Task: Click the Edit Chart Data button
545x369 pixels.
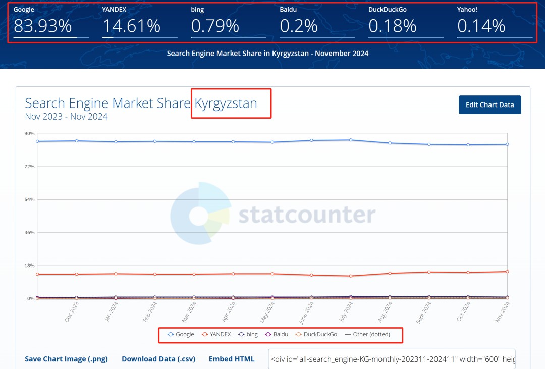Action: [x=489, y=104]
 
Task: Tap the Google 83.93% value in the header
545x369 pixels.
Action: [x=43, y=26]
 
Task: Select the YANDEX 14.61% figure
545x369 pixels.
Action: [x=131, y=26]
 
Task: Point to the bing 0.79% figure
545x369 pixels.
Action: [x=215, y=26]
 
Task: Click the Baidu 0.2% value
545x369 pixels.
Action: [x=299, y=26]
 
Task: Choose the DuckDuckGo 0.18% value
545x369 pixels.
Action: [x=393, y=26]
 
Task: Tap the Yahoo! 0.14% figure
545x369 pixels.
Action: [x=481, y=26]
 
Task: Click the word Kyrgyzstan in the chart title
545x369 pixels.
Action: [x=226, y=103]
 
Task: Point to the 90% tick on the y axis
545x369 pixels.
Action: [x=30, y=133]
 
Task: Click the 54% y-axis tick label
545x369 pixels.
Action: [x=30, y=199]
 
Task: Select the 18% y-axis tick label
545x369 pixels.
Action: [x=30, y=266]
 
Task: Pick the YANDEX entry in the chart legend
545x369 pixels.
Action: [x=216, y=334]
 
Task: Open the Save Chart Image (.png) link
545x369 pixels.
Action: [x=66, y=359]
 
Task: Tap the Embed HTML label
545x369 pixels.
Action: [x=232, y=359]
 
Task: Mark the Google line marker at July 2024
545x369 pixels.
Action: [x=350, y=140]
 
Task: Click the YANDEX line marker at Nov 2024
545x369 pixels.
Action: [x=507, y=272]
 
